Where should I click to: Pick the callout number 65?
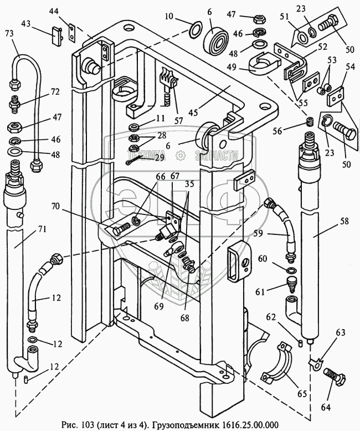point(302,394)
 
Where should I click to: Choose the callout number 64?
point(325,407)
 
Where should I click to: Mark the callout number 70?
point(56,206)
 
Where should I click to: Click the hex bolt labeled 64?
point(334,377)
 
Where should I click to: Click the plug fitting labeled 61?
point(290,285)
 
